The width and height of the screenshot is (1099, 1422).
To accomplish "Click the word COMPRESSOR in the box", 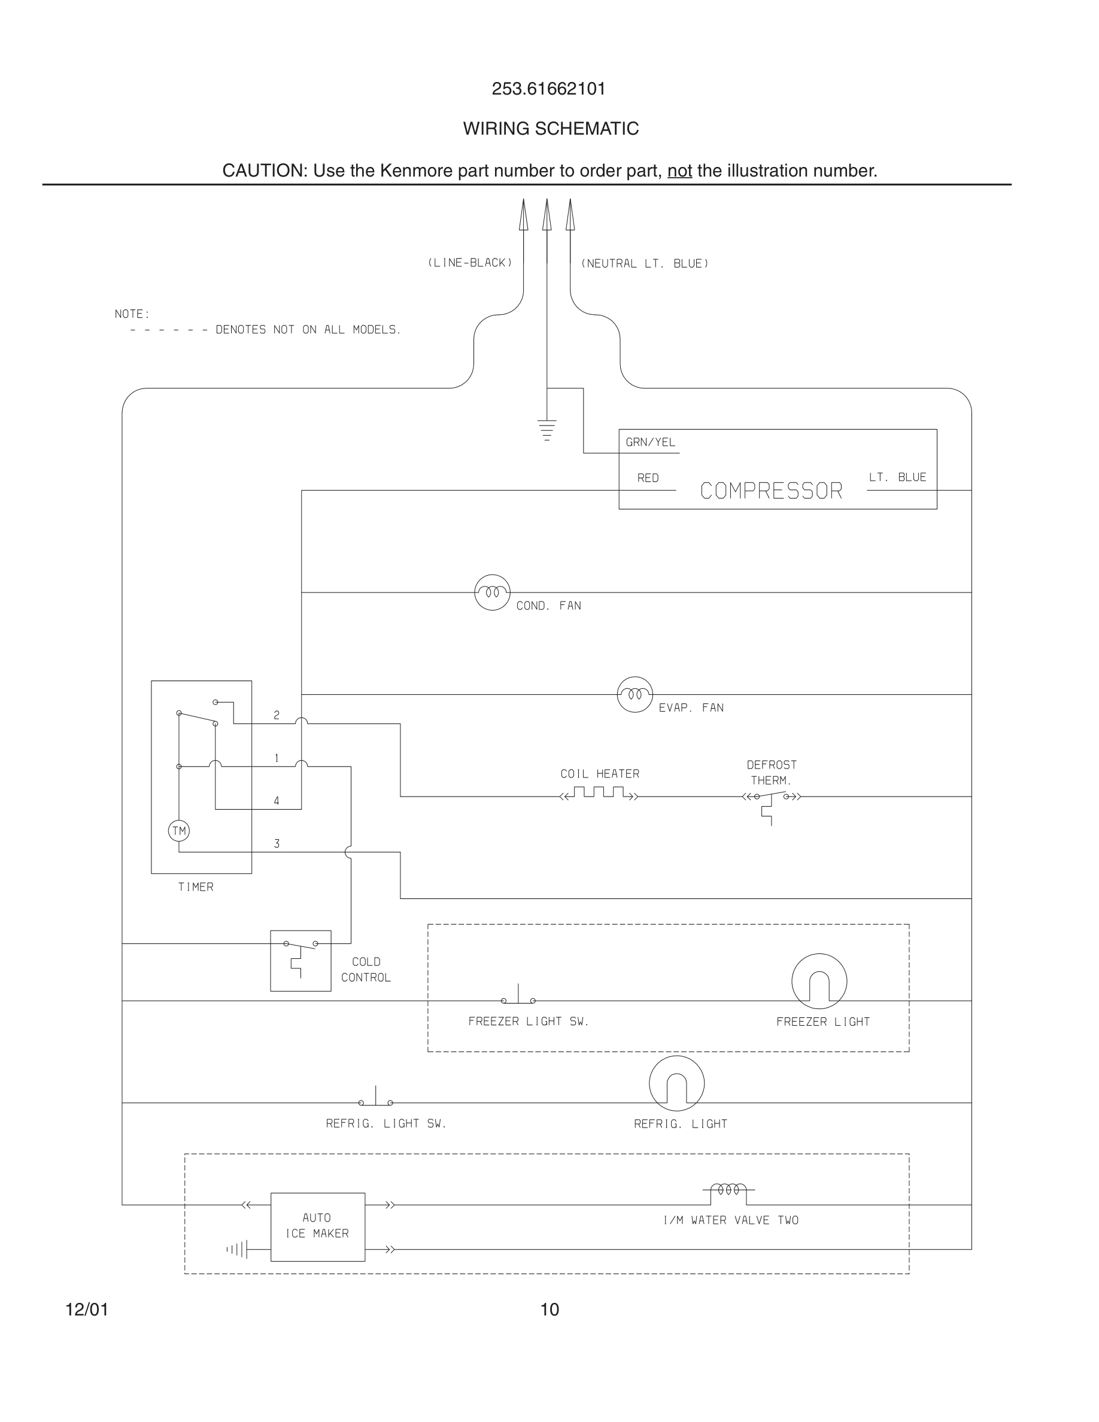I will [x=771, y=491].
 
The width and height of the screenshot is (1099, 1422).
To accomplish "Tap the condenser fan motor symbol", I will [x=492, y=592].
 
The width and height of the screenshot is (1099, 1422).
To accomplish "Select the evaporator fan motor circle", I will [x=634, y=695].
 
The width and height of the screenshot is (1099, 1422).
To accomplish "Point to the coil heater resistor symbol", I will [x=599, y=793].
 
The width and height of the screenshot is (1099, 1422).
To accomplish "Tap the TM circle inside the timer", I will [x=179, y=831].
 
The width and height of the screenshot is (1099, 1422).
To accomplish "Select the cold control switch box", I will [x=301, y=961].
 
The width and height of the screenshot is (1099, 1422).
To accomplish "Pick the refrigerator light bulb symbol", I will [x=676, y=1083].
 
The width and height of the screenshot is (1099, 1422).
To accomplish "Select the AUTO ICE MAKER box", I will [x=318, y=1227].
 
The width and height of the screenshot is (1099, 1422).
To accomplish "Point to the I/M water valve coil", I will [x=728, y=1190].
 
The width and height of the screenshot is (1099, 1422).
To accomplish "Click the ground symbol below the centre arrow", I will [x=547, y=430].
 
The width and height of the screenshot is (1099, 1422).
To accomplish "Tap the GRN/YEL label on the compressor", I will [x=651, y=442].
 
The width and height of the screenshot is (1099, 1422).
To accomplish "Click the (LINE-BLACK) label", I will [x=469, y=262].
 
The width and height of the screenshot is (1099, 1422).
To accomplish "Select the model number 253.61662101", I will [x=549, y=89].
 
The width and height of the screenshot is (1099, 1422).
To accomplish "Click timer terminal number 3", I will [x=277, y=844].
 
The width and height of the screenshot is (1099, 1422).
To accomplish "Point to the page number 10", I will [x=549, y=1309].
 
